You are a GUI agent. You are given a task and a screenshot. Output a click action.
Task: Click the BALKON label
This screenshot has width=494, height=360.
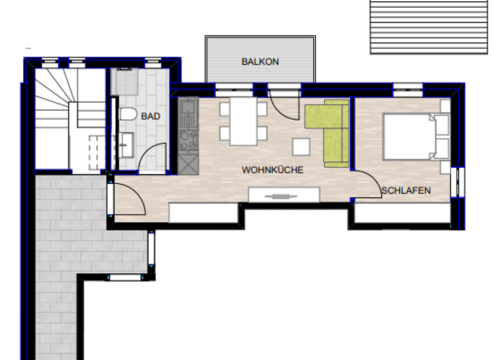260,62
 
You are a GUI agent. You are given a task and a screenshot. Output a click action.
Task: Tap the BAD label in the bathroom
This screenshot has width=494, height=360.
151,116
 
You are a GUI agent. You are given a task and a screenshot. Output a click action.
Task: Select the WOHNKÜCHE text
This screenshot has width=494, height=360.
272,170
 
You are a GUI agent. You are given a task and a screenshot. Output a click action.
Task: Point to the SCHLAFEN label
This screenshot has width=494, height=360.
406,191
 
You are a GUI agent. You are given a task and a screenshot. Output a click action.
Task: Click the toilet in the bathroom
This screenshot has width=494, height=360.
127,115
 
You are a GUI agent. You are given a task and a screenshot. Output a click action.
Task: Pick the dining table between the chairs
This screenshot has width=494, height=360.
243,121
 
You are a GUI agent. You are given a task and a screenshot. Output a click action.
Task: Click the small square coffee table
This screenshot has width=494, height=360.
301,147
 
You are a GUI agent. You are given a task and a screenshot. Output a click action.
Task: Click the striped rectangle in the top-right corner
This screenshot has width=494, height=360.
428,26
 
